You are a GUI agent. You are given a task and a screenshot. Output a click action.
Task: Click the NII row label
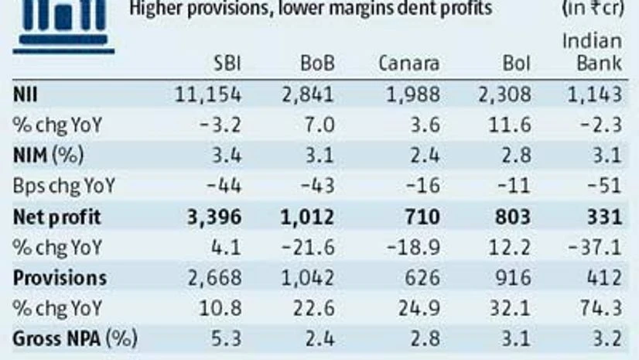point(24,94)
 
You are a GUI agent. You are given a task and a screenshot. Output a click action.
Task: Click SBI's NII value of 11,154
point(209,94)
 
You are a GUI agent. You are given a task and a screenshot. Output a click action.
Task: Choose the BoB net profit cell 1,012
point(309,217)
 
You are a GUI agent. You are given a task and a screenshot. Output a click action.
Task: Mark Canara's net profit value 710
point(425,217)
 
